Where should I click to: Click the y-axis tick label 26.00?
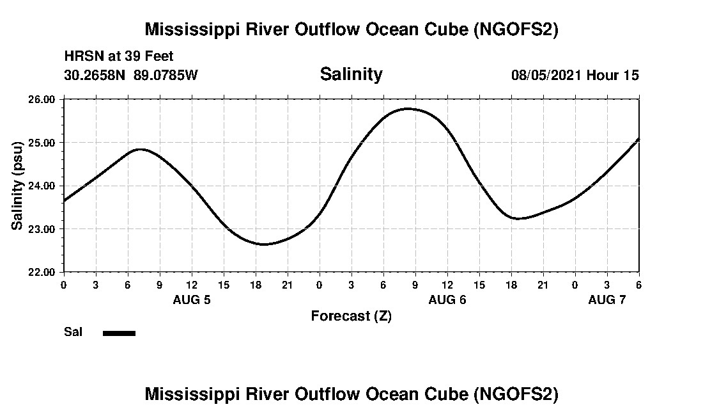[x=43, y=99]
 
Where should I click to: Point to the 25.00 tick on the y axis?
[x=43, y=142]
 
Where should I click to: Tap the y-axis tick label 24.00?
[x=43, y=186]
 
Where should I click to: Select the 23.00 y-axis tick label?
[x=43, y=228]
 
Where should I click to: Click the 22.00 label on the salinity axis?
[x=43, y=272]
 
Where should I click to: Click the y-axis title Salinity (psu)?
[x=18, y=186]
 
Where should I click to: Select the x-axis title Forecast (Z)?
[x=351, y=316]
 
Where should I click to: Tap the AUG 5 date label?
[x=192, y=300]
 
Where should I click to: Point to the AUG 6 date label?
[x=447, y=300]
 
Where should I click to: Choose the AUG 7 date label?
[x=607, y=300]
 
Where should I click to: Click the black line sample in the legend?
[x=120, y=333]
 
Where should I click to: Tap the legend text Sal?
[x=73, y=332]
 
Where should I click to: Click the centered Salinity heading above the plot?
[x=351, y=74]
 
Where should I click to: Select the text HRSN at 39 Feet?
[x=119, y=57]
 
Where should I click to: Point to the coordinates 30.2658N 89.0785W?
[x=131, y=75]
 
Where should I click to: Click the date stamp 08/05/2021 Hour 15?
[x=575, y=75]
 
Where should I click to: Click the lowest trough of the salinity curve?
[x=263, y=244]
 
